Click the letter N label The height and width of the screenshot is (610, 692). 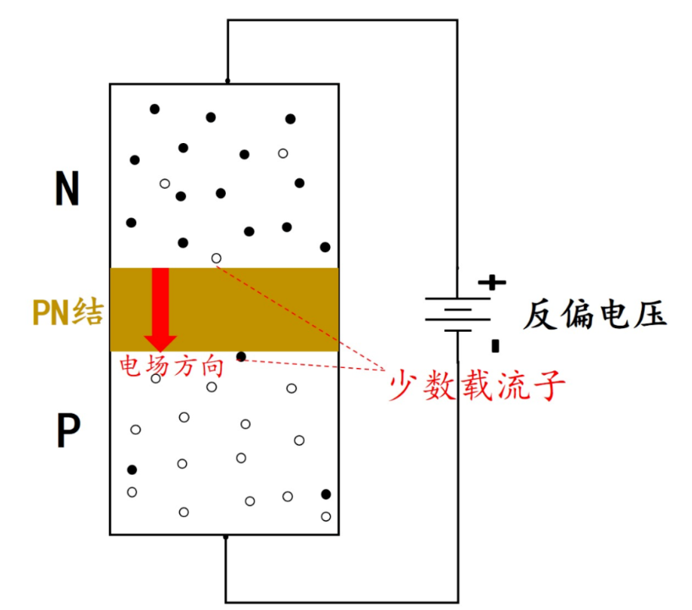click(x=67, y=189)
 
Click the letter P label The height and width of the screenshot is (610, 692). click(x=68, y=431)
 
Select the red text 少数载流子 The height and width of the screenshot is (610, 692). click(x=476, y=386)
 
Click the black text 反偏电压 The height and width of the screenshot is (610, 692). click(x=594, y=315)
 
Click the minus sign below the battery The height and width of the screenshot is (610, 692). click(x=495, y=345)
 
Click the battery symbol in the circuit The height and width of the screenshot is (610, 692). click(x=458, y=314)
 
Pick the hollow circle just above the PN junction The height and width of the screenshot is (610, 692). click(x=217, y=258)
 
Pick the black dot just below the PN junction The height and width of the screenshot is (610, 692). click(x=241, y=357)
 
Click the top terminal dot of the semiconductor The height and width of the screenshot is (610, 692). click(x=227, y=82)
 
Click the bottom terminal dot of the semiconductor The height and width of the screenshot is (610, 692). click(x=226, y=536)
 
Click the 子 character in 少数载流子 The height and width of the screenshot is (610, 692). click(x=549, y=386)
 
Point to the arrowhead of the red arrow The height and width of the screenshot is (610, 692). click(x=160, y=341)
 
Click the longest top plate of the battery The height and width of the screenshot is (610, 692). click(x=458, y=298)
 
